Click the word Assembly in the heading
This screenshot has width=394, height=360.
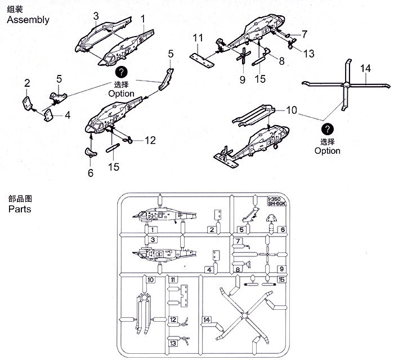28,20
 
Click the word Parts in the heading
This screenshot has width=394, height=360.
20,209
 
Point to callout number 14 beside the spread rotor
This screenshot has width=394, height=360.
366,69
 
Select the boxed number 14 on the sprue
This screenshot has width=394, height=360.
207,320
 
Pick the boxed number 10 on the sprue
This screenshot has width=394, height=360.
150,279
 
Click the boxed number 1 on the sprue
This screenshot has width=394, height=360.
152,230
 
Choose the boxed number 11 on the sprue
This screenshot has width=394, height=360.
173,279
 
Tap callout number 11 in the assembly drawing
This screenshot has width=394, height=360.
197,38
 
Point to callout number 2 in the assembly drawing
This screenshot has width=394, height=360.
26,84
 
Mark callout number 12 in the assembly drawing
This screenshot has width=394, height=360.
150,140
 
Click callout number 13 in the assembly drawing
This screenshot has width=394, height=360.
308,54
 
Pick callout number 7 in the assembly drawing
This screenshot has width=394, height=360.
304,34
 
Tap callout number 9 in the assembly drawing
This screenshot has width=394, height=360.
243,79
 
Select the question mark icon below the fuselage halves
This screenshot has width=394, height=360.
122,72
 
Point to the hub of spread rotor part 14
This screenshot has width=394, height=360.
346,86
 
